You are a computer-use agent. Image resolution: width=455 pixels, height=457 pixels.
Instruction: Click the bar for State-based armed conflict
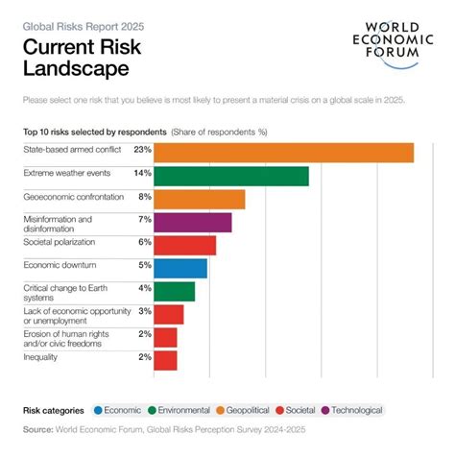pos(283,153)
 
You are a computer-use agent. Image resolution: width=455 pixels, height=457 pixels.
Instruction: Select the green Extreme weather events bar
pos(230,176)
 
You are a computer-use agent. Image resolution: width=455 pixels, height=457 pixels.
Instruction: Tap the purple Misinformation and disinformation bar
pos(192,223)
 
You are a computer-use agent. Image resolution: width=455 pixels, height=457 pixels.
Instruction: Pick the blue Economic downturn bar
pos(180,269)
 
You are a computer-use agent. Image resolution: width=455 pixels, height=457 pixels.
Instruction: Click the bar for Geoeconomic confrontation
pos(199,199)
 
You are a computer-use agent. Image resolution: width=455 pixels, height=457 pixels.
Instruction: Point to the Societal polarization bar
pos(184,246)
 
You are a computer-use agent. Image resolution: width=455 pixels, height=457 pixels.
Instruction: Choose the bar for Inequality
pos(165,360)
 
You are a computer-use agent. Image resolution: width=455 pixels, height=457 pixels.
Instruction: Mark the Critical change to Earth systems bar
pos(174,292)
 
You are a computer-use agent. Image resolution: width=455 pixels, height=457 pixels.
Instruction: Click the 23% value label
pos(143,150)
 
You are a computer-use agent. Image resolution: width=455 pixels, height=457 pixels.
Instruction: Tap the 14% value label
pos(143,173)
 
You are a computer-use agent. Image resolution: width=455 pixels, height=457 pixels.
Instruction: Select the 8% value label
pos(145,196)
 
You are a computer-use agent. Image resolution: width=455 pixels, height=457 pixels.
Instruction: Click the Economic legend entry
pos(118,410)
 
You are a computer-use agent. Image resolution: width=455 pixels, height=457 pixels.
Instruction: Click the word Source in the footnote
pos(37,430)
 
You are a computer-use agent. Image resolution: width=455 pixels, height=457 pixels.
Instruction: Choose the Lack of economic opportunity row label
pos(73,315)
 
